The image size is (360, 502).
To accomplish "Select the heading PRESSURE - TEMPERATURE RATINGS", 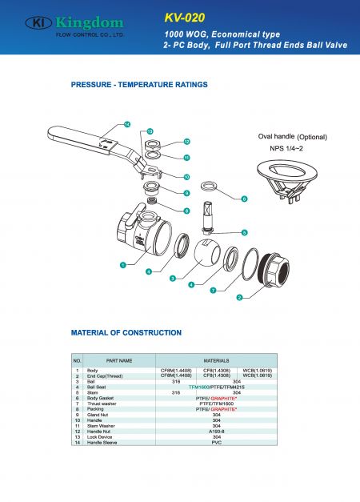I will (139, 84).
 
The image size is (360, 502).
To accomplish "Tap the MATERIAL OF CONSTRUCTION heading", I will (126, 331).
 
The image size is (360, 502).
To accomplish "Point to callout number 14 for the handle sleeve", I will (127, 124).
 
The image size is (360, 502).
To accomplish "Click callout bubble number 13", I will (150, 131).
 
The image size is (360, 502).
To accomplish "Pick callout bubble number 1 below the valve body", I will (123, 263).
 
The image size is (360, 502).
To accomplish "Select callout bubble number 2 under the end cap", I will (239, 297).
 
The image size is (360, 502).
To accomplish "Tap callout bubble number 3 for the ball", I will (172, 278).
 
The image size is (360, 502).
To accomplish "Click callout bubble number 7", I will (214, 291).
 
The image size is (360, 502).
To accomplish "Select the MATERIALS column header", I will (216, 360).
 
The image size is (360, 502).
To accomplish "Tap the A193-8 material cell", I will (216, 431).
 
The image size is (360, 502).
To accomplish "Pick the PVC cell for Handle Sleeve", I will (216, 442).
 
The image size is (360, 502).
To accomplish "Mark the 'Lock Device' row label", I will (102, 436).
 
